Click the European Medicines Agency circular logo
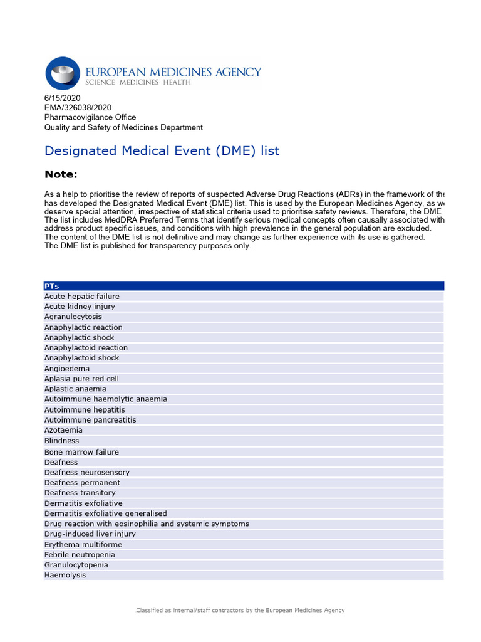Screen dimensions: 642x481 pos(63,73)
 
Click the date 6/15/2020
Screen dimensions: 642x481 pos(63,98)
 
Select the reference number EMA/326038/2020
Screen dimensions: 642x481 pos(78,108)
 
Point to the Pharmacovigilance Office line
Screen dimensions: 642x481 pos(90,117)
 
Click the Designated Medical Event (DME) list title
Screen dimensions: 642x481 pos(162,151)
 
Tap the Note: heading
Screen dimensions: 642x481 pos(61,174)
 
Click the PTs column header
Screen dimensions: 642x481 pos(51,286)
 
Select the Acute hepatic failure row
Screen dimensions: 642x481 pos(81,297)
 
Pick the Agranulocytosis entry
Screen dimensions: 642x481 pos(73,317)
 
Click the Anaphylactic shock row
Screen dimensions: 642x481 pos(79,337)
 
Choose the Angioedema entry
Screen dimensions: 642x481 pos(66,369)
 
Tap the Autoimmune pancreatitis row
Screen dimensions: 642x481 pos(90,420)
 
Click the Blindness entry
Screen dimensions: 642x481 pos(61,441)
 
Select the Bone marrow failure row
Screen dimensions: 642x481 pos(81,452)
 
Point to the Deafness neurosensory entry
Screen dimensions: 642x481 pos(86,472)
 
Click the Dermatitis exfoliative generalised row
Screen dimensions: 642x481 pos(105,513)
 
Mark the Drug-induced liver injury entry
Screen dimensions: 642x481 pos(90,534)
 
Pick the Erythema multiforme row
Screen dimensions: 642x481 pos(83,545)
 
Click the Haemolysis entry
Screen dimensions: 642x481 pos(65,575)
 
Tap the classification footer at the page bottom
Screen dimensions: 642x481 pos(240,610)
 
